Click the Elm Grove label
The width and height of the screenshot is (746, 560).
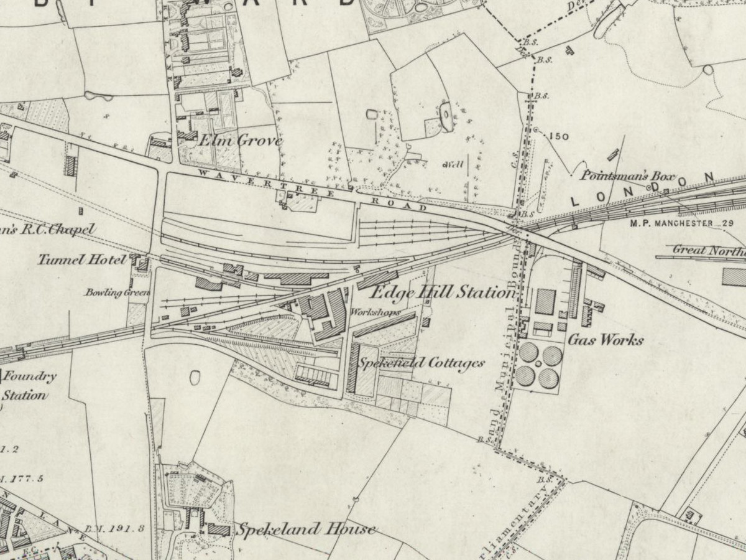pyautogui.click(x=239, y=141)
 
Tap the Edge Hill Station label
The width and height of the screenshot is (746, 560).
pyautogui.click(x=443, y=292)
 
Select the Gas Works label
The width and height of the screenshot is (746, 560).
pyautogui.click(x=606, y=340)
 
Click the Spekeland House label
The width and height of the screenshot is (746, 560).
pyautogui.click(x=305, y=530)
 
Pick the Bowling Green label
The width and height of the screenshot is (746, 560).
pyautogui.click(x=117, y=292)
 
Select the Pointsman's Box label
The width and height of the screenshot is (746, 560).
pyautogui.click(x=627, y=176)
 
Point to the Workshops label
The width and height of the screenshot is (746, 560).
pyautogui.click(x=375, y=312)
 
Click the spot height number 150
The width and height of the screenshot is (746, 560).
pyautogui.click(x=559, y=136)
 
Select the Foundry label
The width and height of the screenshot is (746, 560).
pyautogui.click(x=31, y=376)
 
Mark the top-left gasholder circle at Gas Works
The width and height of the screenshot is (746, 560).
pyautogui.click(x=528, y=353)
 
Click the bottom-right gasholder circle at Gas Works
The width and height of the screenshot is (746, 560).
pyautogui.click(x=549, y=377)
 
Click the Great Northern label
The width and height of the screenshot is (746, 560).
pyautogui.click(x=709, y=250)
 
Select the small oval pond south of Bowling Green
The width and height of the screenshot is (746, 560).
pyautogui.click(x=195, y=377)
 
